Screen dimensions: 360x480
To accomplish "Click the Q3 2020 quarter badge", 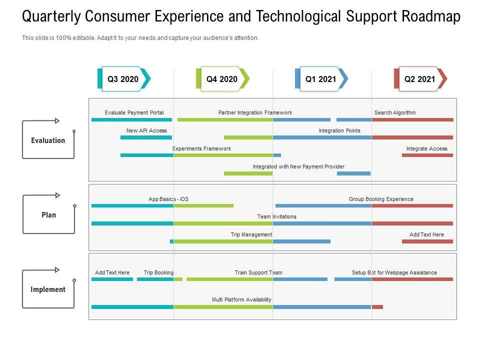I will pos(123,79).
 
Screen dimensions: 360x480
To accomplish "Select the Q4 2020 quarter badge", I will pos(222,79).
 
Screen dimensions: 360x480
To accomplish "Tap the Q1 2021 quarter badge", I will pos(321,79).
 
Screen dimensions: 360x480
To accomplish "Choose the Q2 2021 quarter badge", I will pos(420,79).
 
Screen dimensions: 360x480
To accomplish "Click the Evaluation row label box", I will pos(48,140).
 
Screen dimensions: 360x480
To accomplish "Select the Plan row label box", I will pos(48,215).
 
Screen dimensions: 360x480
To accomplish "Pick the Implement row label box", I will pos(48,289).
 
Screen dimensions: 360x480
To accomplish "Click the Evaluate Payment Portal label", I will pos(134,112).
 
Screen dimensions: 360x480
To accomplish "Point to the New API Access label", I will pos(146,130).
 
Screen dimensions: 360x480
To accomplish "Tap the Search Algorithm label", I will pos(395,112).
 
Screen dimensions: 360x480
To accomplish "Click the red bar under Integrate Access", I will pos(427,155).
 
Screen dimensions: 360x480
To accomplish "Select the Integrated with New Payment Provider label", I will pos(298,166).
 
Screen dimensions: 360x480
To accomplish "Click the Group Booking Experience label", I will pos(381,199).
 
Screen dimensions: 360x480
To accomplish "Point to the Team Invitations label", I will pos(276,216).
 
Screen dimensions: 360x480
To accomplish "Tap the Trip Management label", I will pos(251,234).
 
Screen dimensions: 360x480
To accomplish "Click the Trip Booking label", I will pos(158,272).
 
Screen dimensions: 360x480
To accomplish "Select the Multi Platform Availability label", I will pos(241,299).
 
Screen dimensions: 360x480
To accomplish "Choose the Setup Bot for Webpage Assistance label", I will pos(394,272).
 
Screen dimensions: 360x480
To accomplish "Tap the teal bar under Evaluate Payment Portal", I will pos(131,119).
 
